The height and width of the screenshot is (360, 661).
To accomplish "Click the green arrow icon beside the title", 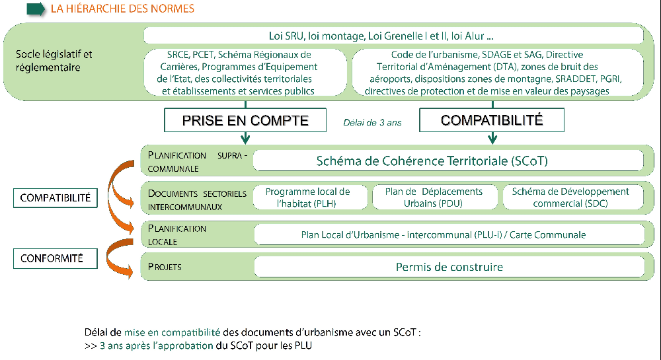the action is (36, 9).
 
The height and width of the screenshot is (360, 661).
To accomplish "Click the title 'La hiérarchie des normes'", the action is (122, 9).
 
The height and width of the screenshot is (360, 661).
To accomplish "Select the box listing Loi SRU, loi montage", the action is (393, 36).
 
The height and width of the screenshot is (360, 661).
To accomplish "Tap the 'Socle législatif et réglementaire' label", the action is (54, 61).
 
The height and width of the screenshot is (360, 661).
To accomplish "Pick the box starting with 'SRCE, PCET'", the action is (245, 73).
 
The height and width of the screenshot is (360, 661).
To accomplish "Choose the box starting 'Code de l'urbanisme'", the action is (498, 73).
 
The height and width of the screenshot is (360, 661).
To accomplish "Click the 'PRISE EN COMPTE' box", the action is (245, 120).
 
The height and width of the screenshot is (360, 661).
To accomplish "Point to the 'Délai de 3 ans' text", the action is (372, 122).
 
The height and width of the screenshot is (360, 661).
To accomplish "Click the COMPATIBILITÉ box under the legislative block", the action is (492, 120).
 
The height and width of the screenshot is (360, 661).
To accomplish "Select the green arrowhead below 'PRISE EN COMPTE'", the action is (245, 139).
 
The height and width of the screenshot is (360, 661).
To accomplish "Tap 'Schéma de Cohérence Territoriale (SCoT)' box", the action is (448, 161).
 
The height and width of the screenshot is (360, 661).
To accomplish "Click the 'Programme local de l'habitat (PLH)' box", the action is (310, 198).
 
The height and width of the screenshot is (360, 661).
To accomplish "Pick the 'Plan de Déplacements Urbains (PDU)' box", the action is (434, 198).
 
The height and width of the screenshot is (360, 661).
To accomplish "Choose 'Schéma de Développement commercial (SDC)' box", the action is (573, 198).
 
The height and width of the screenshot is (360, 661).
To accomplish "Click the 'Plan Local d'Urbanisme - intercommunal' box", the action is (449, 234).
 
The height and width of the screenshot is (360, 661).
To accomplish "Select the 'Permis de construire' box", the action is (449, 267).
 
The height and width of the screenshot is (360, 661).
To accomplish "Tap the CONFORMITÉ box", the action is (56, 258).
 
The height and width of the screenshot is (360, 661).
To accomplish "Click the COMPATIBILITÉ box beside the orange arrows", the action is (56, 198).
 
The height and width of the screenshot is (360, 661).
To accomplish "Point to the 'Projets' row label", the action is (165, 267).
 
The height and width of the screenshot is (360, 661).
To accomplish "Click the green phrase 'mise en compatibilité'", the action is (172, 332).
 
